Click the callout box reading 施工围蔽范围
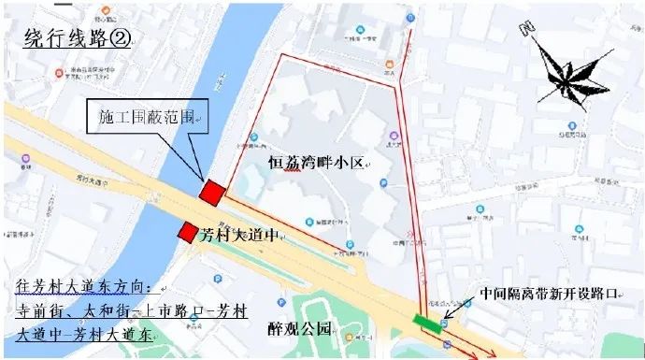coord(148,118)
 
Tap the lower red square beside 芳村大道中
coord(189,232)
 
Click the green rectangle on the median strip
coord(429,323)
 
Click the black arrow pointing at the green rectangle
coord(451,312)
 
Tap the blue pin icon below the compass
coord(566,125)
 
